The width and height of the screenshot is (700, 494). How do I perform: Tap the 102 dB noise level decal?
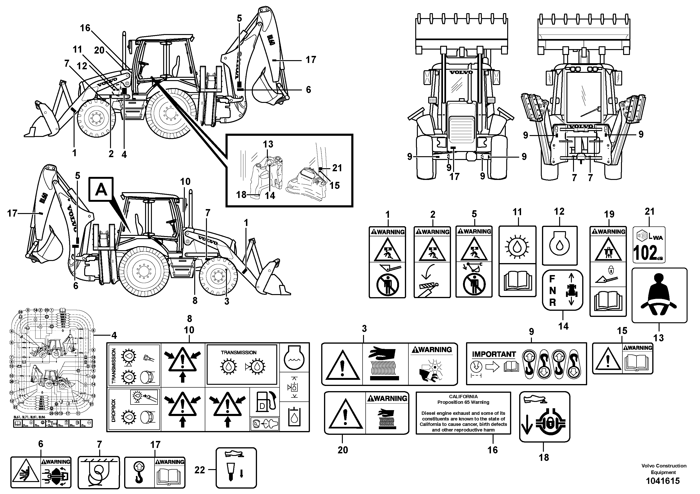(x=649, y=245)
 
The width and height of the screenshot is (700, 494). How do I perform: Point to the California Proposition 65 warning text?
(x=463, y=413)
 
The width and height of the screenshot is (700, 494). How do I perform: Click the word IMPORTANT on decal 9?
(x=494, y=354)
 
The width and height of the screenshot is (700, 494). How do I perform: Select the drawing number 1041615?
(x=663, y=481)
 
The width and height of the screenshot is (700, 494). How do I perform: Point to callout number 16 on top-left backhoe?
(x=85, y=28)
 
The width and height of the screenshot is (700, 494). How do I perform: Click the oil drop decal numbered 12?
(x=559, y=245)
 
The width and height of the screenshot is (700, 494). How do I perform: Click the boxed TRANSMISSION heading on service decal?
(x=238, y=352)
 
